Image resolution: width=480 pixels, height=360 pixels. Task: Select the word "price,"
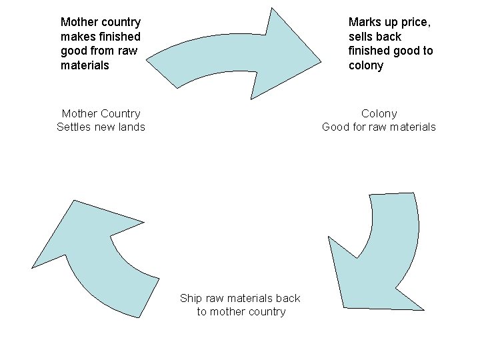(414, 22)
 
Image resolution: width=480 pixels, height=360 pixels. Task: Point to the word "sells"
(362, 37)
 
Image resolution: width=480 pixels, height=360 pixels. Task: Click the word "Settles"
(74, 127)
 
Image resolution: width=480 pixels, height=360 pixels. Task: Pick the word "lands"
(129, 127)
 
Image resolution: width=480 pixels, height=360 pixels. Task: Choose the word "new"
(104, 127)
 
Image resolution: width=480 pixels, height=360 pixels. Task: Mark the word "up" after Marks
(389, 22)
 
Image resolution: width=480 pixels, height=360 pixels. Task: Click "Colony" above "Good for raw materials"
(379, 113)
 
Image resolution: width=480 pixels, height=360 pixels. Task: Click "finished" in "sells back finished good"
(369, 51)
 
